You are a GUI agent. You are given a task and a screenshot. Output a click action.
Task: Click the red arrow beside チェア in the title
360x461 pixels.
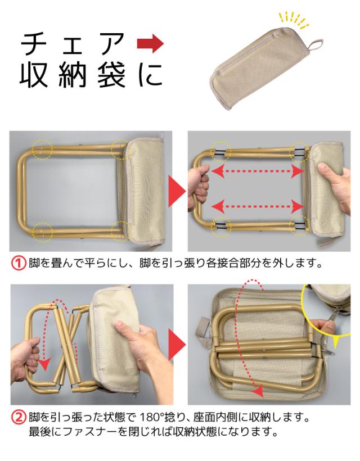click(x=150, y=43)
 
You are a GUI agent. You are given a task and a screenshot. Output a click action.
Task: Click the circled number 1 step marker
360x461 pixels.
click(x=19, y=263)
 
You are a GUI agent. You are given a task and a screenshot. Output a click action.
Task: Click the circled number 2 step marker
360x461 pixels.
click(x=19, y=418)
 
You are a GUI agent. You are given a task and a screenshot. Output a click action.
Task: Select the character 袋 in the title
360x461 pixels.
click(x=111, y=75)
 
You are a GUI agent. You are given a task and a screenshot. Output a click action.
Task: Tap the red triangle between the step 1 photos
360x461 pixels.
click(x=177, y=191)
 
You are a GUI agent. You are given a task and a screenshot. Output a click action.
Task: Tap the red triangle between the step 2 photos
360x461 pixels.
click(x=177, y=344)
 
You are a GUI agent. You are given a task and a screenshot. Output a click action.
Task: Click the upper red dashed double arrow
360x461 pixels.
click(x=258, y=171)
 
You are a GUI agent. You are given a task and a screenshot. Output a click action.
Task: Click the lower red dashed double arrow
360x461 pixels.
click(x=258, y=206)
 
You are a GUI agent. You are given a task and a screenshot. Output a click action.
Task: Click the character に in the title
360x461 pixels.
click(x=150, y=75)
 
